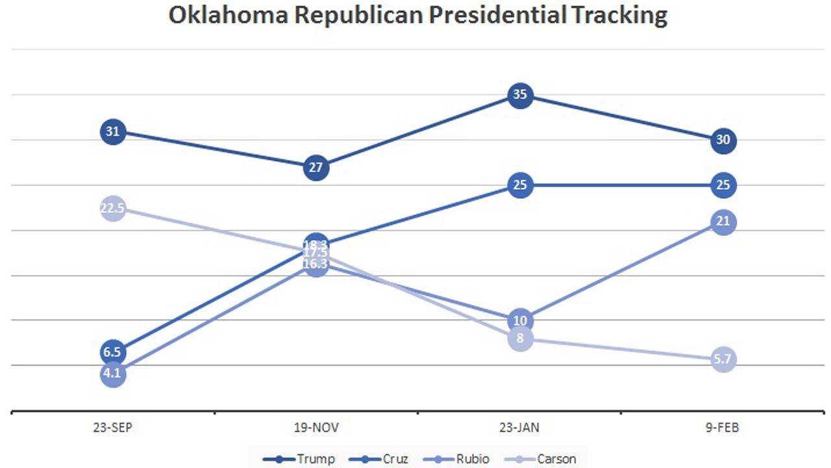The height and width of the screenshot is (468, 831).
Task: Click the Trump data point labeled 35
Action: point(520,95)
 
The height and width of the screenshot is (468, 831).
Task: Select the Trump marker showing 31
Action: point(113,132)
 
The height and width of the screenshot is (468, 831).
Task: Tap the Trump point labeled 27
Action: point(316,168)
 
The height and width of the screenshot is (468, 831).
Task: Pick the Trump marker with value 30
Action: point(723,140)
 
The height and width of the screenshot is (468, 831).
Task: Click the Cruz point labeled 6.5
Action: point(113,352)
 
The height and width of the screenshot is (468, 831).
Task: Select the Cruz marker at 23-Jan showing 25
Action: point(520,185)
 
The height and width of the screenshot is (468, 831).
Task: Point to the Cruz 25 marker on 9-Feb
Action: point(723,185)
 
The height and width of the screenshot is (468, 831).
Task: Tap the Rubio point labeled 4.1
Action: point(113,374)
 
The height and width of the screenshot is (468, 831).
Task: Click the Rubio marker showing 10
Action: point(520,320)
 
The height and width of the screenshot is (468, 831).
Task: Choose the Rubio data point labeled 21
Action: point(723,222)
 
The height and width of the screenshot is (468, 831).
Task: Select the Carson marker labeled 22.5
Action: point(113,209)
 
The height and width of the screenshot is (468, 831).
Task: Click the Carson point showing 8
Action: point(520,339)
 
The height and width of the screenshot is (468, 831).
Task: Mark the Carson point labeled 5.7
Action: point(723,359)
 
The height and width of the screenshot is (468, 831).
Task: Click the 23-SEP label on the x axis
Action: point(113,428)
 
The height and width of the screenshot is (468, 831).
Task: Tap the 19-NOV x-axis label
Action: point(316,428)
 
